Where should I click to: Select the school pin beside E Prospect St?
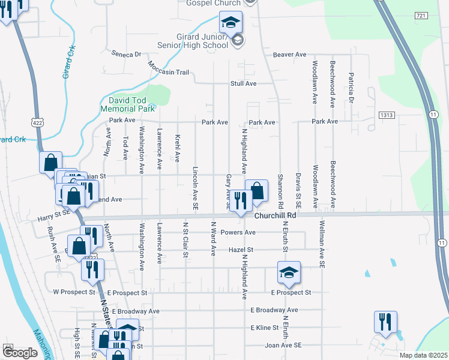tap(289, 273)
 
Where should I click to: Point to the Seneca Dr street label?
tap(126, 53)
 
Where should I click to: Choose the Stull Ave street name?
tap(243, 83)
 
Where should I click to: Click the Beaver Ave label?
tap(289, 55)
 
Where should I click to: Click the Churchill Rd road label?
tap(276, 215)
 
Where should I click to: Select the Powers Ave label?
tap(238, 232)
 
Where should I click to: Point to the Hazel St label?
tap(241, 250)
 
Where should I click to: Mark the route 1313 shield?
tap(386, 114)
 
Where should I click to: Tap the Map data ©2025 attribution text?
tap(423, 355)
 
